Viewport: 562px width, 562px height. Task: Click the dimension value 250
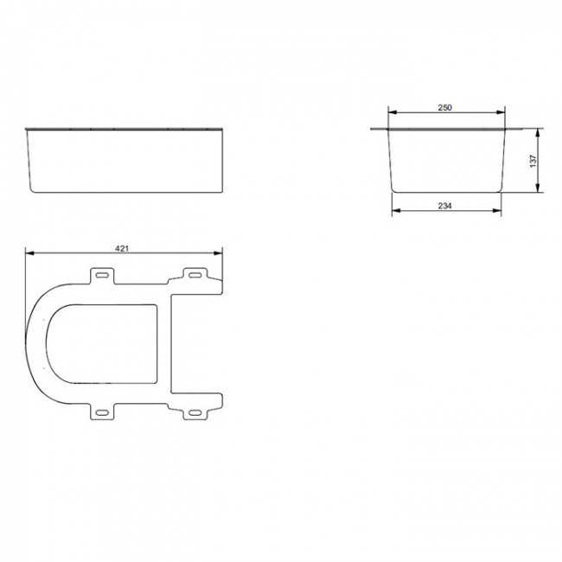444,107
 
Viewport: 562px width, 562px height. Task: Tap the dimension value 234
444,206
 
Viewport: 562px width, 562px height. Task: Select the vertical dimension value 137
533,161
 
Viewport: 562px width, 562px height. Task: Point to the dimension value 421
122,248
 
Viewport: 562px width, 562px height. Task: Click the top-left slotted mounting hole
102,275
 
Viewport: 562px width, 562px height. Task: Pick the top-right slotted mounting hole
195,275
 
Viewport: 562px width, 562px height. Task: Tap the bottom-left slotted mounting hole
102,412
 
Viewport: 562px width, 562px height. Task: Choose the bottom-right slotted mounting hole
195,412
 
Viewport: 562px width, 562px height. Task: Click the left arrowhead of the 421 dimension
29,253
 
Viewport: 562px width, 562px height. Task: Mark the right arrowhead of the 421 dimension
218,253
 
